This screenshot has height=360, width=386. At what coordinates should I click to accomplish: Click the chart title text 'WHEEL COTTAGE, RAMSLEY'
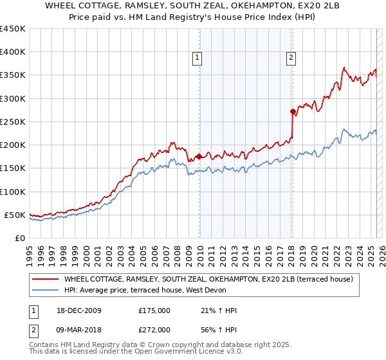tap(192, 6)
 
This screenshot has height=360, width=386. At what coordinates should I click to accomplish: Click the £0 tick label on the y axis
tap(19, 238)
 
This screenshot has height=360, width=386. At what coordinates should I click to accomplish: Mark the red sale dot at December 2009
tap(199, 156)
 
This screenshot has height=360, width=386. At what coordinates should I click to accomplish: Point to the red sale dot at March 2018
tap(293, 111)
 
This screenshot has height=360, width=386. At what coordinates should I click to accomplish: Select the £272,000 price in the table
tap(154, 331)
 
